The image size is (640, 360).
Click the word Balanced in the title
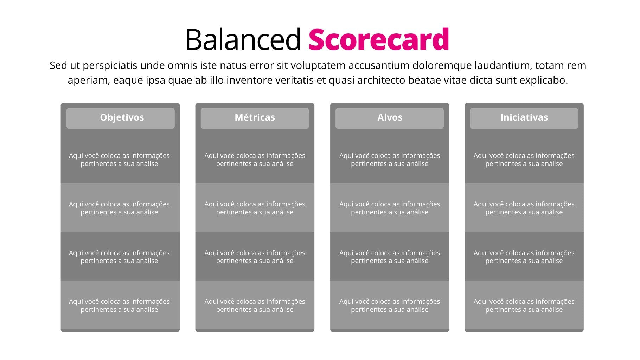(243, 39)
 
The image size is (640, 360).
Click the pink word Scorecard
(379, 39)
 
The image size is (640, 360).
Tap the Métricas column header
(255, 117)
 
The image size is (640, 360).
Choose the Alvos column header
(390, 117)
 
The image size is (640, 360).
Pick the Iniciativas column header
(524, 117)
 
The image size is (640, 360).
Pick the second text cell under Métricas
(255, 208)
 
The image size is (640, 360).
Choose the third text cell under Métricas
(255, 257)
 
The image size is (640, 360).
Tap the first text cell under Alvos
(390, 160)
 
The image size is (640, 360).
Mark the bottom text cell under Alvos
(390, 306)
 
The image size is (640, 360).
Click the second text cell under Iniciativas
(524, 208)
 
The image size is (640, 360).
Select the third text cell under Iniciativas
(524, 257)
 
